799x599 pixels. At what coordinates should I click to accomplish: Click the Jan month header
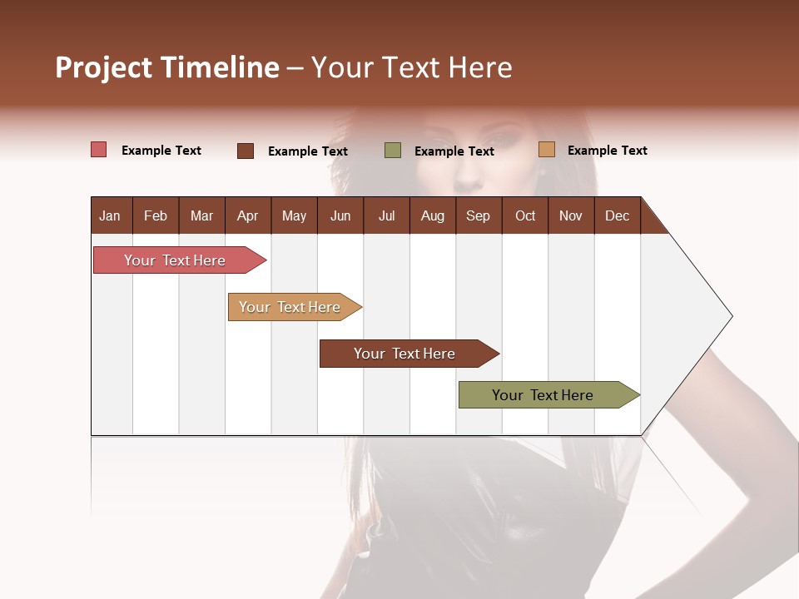point(110,215)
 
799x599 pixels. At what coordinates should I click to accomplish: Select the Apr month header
point(247,215)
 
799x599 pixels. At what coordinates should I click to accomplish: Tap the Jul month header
point(386,215)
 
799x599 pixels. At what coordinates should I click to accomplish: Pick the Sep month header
point(478,215)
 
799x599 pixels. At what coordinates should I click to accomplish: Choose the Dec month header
point(617,215)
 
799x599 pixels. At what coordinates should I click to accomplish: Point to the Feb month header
point(156,215)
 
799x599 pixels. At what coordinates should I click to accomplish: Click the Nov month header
point(570,215)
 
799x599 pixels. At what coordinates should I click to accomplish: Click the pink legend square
point(98,150)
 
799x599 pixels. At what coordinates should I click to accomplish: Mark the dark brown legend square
point(246,151)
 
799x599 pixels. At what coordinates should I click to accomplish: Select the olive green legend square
point(393,151)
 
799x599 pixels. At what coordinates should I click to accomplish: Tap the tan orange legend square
point(546,150)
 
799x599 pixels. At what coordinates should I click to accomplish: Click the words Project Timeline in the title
point(166,67)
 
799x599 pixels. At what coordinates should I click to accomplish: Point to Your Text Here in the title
point(411,67)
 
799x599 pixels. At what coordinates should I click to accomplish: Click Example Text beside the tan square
point(607,151)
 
